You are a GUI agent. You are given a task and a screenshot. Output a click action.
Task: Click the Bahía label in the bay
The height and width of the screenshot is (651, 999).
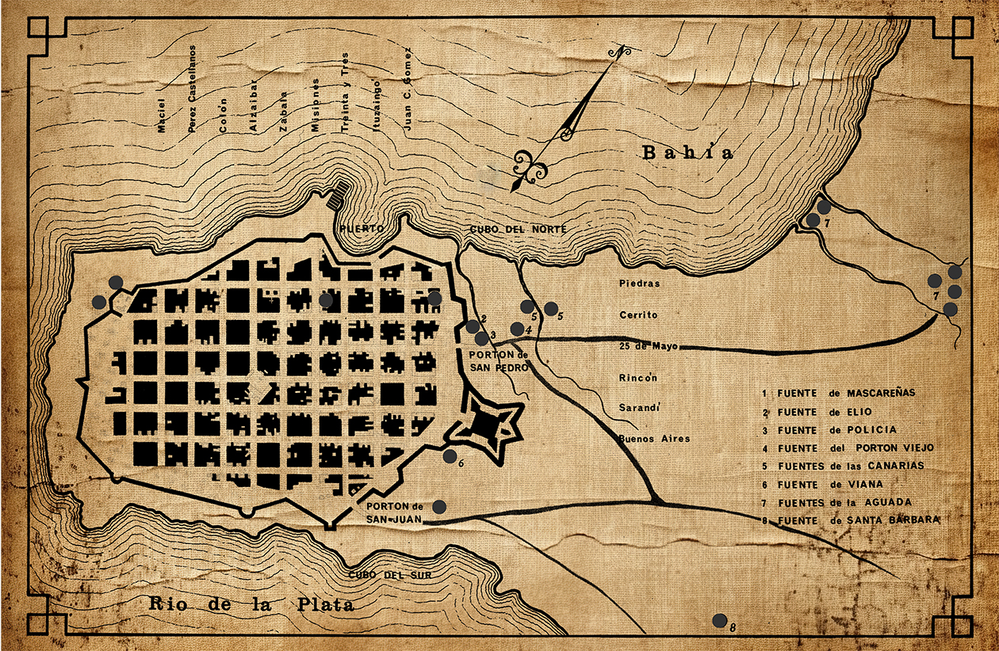[x=687, y=153]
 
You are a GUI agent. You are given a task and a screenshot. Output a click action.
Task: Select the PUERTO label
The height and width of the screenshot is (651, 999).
[x=362, y=228]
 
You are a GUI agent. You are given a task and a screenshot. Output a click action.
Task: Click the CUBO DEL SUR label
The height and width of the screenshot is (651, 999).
[x=389, y=575]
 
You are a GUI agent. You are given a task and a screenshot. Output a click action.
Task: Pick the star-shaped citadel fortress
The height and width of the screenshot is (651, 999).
[x=486, y=428]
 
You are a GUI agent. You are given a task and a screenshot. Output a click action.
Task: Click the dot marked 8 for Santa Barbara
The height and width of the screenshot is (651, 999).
[x=720, y=621]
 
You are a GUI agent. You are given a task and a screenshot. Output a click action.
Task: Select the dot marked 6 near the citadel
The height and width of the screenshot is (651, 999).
[x=450, y=456]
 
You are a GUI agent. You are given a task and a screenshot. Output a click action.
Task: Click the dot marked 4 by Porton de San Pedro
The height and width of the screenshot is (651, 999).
[x=517, y=329]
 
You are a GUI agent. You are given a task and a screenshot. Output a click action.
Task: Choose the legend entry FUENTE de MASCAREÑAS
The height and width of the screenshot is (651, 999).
[x=839, y=393]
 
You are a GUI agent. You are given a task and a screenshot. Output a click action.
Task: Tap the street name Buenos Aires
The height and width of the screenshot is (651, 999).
[x=655, y=439]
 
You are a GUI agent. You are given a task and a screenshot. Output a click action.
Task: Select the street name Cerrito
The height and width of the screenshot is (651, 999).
[x=638, y=314]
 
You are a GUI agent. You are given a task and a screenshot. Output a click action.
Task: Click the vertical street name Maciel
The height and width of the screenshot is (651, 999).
[x=162, y=116]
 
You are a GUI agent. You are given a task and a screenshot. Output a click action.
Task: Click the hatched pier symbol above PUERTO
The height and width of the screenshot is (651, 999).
[x=339, y=193]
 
